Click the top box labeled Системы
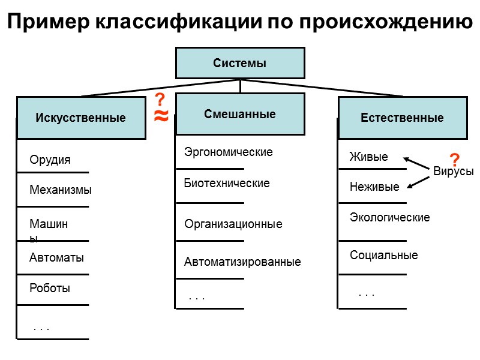click(240, 63)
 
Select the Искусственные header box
click(81, 118)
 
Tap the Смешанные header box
click(240, 114)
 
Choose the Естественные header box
click(402, 118)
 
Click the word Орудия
click(50, 160)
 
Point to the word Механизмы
click(61, 190)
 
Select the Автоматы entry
click(56, 258)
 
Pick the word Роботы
click(50, 288)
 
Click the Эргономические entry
click(228, 152)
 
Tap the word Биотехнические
click(227, 184)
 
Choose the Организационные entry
click(233, 224)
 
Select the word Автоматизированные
click(242, 262)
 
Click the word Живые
click(368, 157)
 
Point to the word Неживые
click(374, 187)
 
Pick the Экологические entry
click(390, 217)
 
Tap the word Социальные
click(384, 255)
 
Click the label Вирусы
click(454, 172)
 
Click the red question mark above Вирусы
click(455, 160)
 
